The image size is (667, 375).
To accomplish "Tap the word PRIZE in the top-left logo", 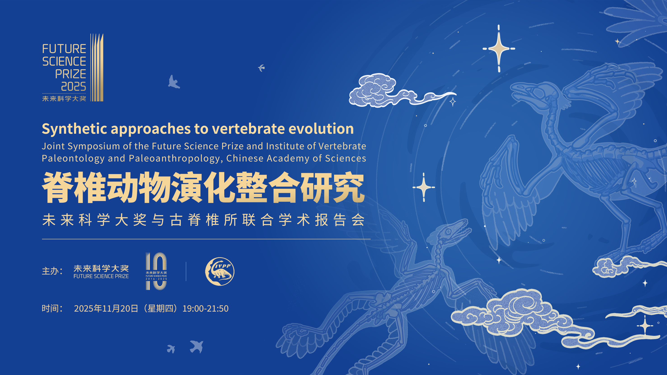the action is (70, 74).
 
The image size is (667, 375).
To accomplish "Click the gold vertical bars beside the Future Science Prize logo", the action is (97, 68).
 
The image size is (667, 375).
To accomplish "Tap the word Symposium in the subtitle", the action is (94, 147).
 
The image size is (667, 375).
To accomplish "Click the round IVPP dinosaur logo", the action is (220, 271).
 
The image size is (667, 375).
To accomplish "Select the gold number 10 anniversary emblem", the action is (156, 271).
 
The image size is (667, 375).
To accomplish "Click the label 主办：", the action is (52, 271).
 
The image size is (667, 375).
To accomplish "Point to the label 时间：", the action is (52, 308).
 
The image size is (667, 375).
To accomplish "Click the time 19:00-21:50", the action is (206, 308).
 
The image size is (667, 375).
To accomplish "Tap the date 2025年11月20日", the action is (106, 308).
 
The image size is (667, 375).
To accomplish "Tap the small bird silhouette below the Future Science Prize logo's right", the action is (174, 82).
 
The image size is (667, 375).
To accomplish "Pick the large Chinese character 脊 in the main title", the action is (57, 187).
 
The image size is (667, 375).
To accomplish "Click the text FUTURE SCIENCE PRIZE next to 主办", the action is (101, 276).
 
